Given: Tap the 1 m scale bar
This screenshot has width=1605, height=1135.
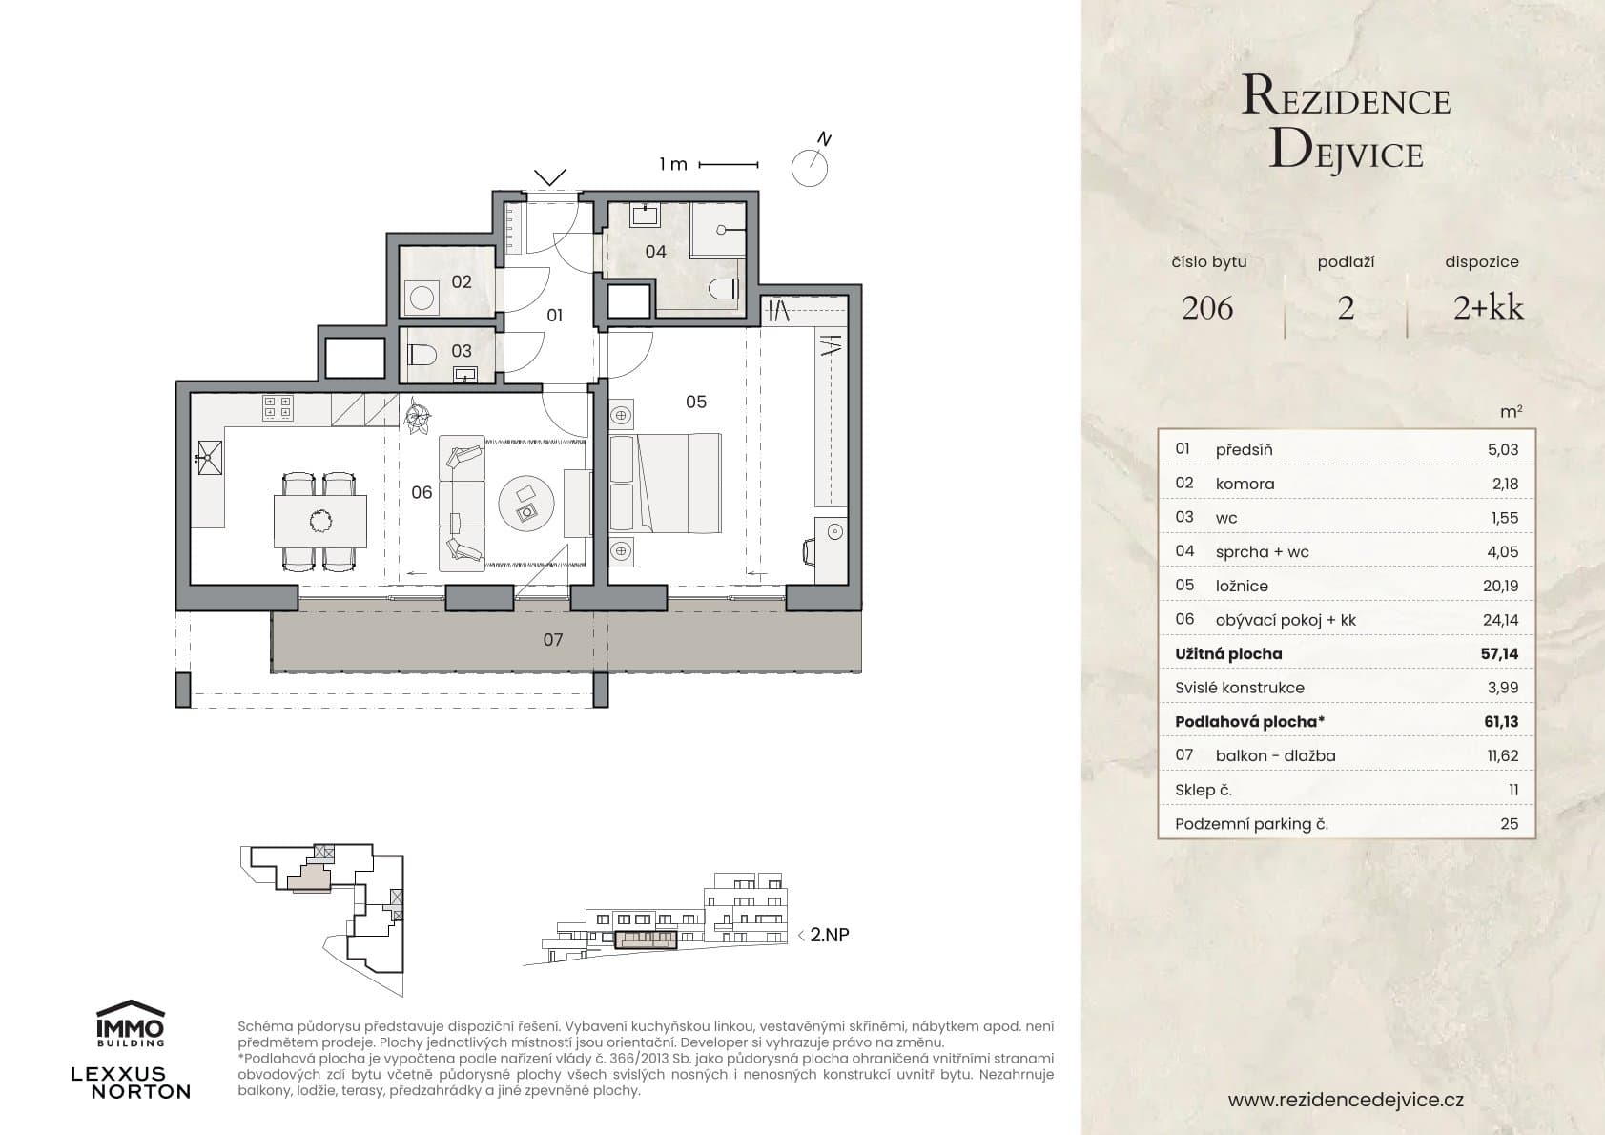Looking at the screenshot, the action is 729,165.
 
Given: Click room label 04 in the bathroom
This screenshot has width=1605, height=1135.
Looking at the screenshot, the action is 655,252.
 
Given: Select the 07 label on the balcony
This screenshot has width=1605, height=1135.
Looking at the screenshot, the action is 553,640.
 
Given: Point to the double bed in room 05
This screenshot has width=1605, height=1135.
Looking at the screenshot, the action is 665,483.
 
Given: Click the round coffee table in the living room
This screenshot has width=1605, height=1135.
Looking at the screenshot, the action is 526,503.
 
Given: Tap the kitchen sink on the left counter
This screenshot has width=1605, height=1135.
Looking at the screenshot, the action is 208,458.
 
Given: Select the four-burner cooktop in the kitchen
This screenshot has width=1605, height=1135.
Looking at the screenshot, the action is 278,408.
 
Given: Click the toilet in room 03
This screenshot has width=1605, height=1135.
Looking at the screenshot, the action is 420,355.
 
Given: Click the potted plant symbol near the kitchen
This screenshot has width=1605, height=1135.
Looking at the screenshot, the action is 416,416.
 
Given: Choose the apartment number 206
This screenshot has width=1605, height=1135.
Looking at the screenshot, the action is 1207,308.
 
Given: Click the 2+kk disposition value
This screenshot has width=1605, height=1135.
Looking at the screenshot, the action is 1488,307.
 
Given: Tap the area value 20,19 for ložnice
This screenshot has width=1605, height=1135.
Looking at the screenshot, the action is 1500,587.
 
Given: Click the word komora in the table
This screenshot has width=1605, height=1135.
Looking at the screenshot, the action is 1245,484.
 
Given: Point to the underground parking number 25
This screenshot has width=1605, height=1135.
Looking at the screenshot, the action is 1509,824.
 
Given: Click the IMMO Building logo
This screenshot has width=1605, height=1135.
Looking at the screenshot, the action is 131,1022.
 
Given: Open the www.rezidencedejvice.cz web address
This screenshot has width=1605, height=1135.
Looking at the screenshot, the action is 1346,1100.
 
